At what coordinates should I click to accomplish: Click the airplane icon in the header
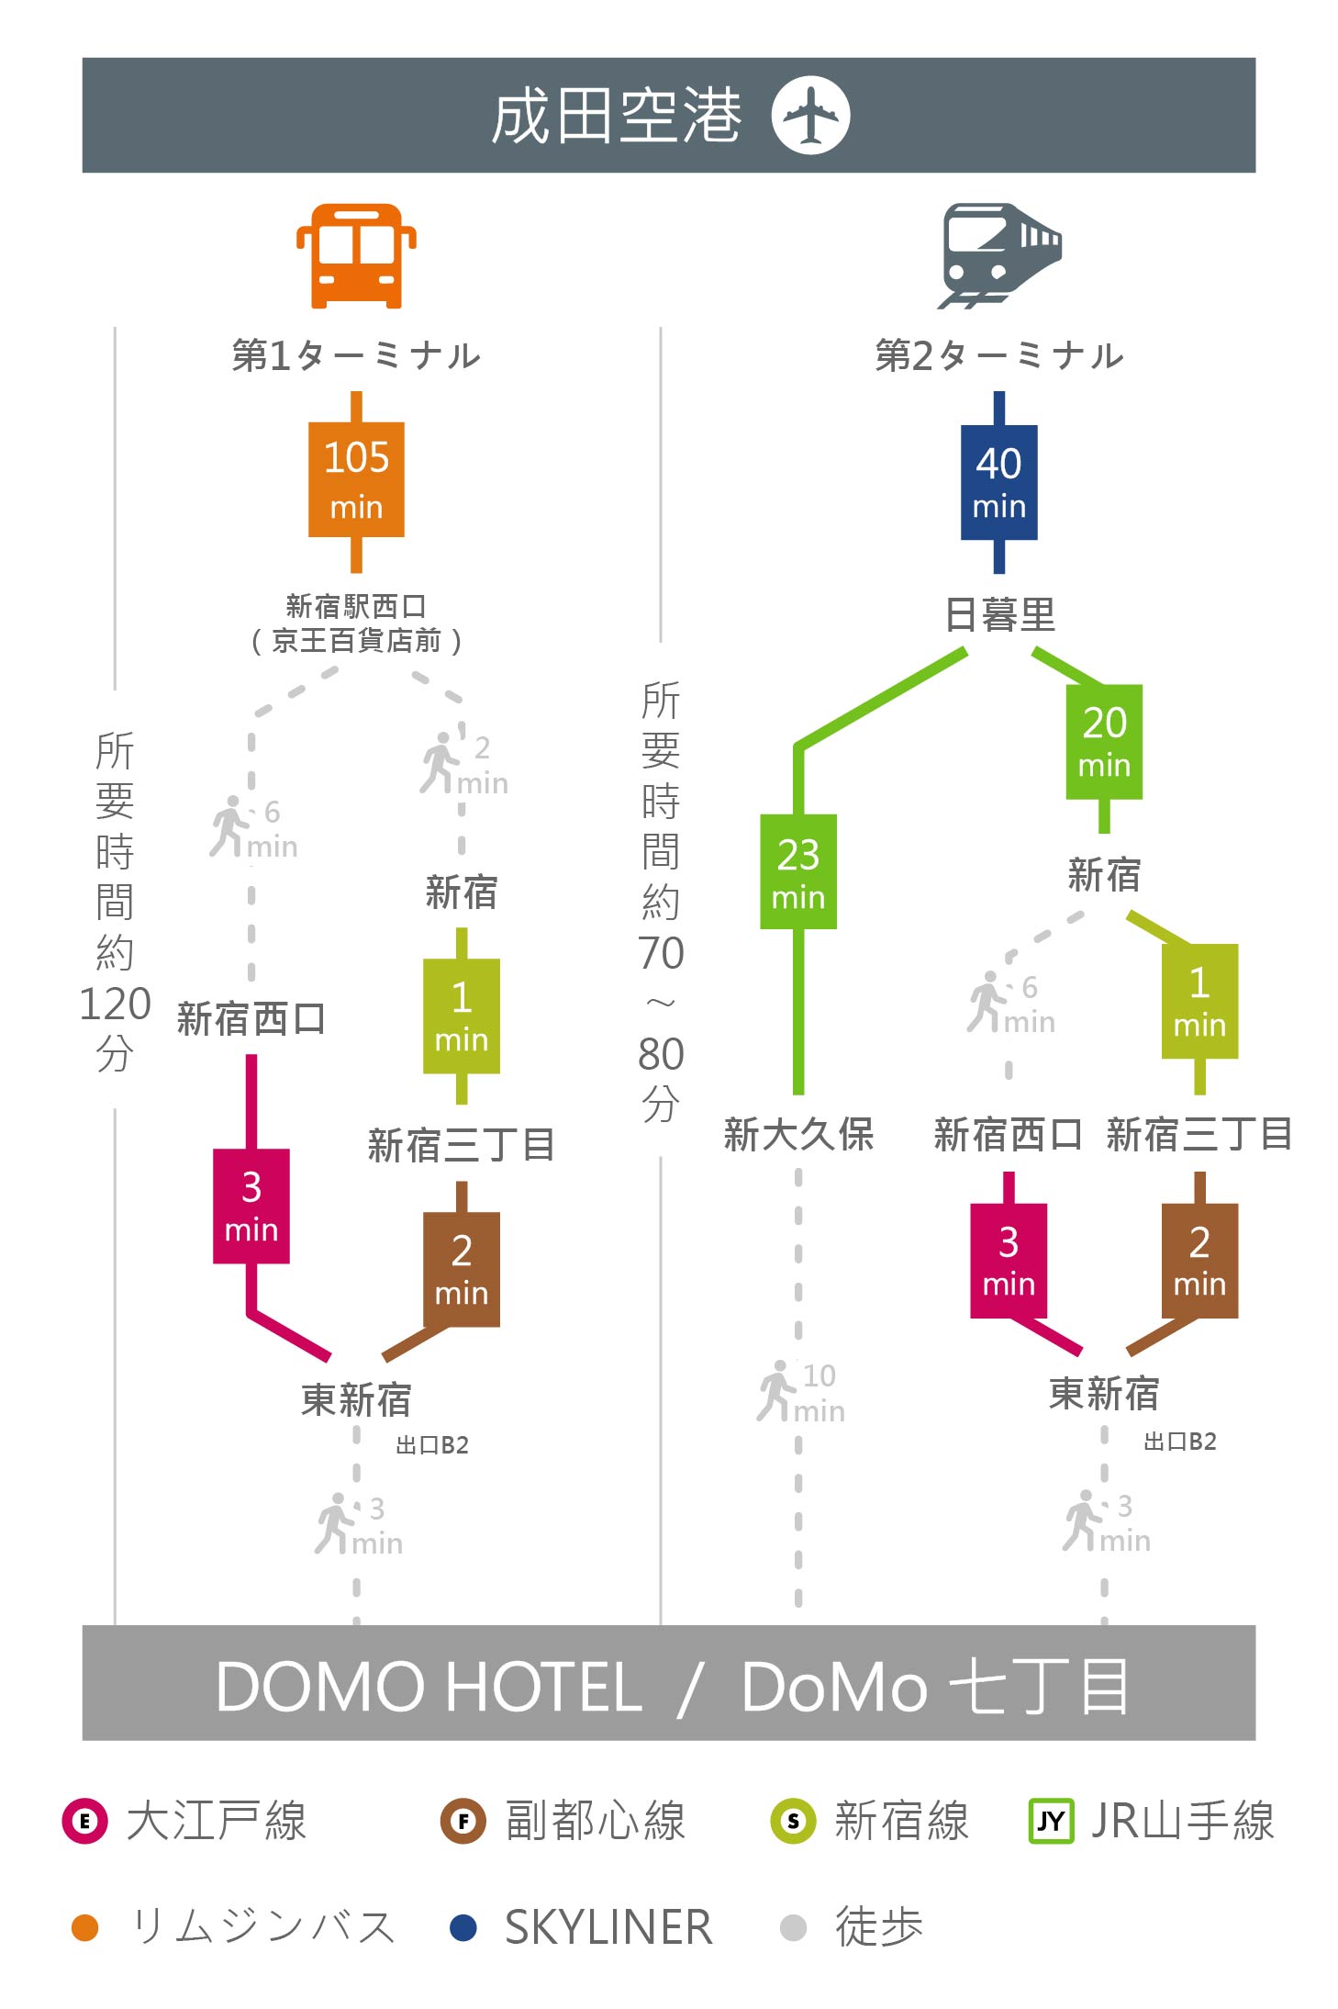coord(810,115)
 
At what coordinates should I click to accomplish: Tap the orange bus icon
coord(356,255)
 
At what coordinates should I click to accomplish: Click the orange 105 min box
coord(356,479)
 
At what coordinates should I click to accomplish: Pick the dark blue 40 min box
coord(999,482)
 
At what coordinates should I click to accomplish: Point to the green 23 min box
coord(798,871)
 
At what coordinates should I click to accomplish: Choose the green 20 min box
coord(1104,742)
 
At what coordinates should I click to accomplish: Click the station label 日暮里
coord(1000,614)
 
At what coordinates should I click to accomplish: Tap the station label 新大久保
coord(798,1135)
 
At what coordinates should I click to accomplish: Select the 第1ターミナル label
coord(356,355)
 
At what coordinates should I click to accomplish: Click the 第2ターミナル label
coord(999,355)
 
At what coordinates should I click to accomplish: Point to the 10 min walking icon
coord(775,1391)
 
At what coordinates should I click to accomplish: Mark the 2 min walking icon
coord(440,763)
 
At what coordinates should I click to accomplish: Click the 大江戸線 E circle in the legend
coord(84,1821)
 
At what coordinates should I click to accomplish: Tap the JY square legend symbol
coord(1051,1821)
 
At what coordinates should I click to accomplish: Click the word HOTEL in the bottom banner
coord(545,1687)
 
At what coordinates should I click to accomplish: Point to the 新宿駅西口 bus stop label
coord(356,606)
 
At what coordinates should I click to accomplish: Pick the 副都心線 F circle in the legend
coord(463,1821)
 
